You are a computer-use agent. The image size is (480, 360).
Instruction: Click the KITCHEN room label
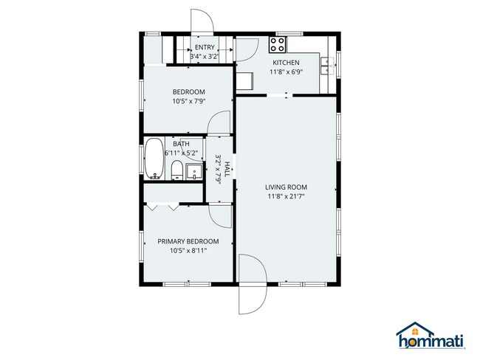click(286, 63)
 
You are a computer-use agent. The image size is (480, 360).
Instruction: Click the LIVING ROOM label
click(286, 186)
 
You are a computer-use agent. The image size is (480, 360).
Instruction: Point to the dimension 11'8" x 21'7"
click(286, 196)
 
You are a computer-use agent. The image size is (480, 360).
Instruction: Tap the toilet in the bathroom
click(176, 171)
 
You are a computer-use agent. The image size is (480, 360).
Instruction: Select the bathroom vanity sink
click(193, 173)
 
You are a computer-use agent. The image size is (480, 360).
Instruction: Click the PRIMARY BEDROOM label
click(188, 241)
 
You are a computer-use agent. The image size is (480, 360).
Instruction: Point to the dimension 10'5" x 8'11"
click(188, 251)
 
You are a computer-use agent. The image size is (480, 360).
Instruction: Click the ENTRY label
click(205, 47)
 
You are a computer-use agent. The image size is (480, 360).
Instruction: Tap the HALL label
click(227, 167)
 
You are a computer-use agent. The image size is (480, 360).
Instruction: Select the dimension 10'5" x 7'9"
click(188, 101)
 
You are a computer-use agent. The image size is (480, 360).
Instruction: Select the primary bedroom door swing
click(221, 215)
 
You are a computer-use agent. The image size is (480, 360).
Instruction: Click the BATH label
click(181, 143)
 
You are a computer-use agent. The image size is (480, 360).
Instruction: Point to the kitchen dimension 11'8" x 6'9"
click(286, 72)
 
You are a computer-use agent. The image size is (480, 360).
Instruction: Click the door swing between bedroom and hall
click(220, 124)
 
